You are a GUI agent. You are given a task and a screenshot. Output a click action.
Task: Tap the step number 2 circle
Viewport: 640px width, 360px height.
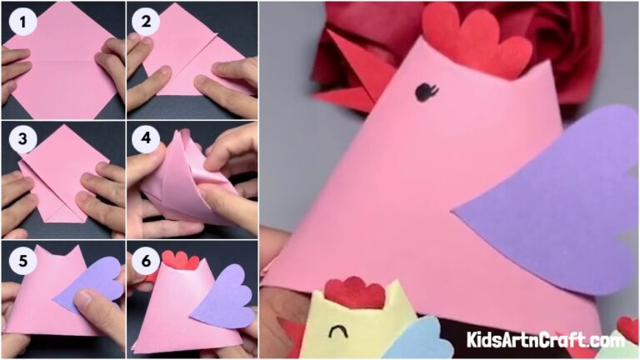[147, 21]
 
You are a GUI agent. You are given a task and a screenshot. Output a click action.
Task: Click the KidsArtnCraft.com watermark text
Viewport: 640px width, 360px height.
[546, 340]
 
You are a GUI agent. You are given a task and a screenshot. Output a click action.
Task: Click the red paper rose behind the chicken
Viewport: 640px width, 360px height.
[558, 42]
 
